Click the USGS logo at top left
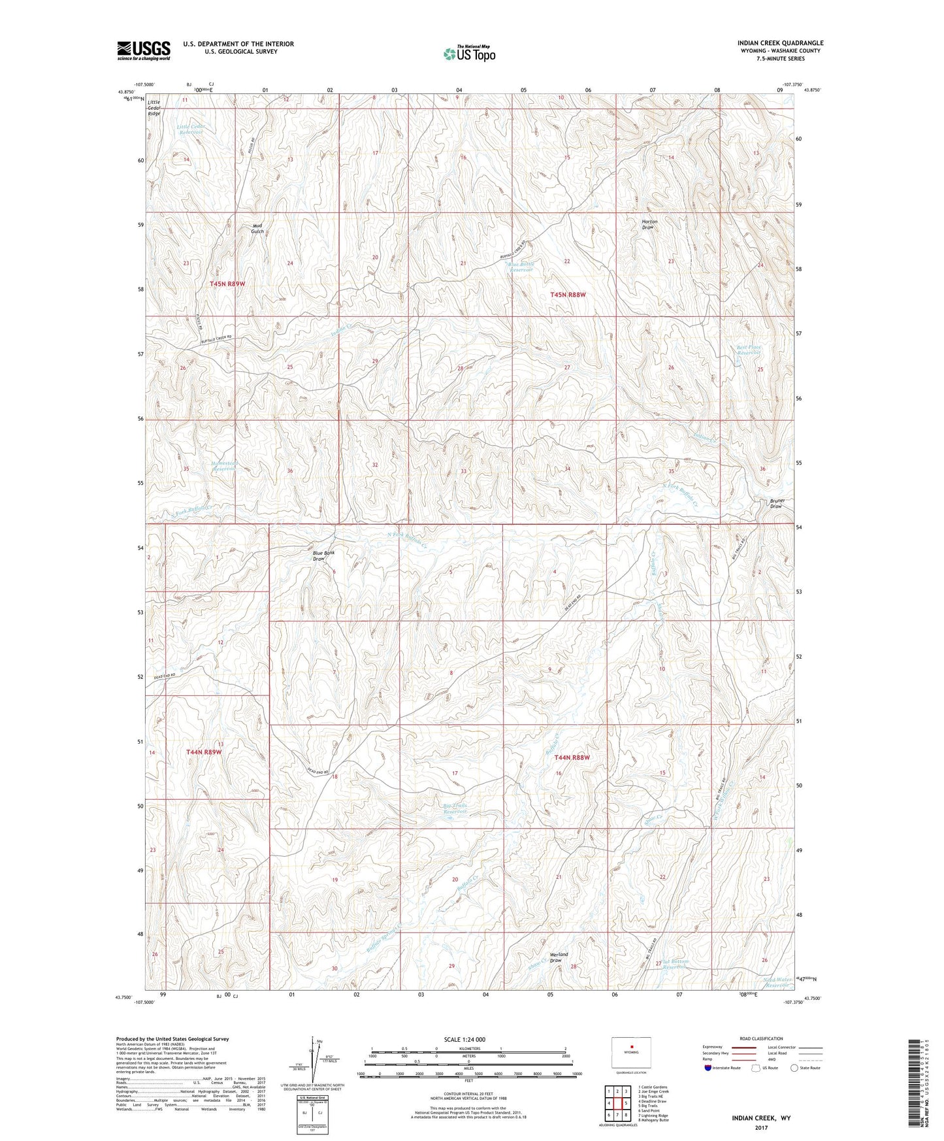[143, 50]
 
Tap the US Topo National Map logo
[468, 53]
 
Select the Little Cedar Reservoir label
[191, 129]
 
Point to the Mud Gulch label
[257, 228]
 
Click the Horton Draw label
[649, 224]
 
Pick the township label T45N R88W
[568, 295]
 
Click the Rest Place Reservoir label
[749, 350]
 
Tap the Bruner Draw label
[776, 503]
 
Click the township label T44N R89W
[204, 752]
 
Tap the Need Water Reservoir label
[778, 982]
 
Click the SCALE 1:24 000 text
[464, 1039]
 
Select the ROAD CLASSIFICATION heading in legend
[760, 1038]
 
